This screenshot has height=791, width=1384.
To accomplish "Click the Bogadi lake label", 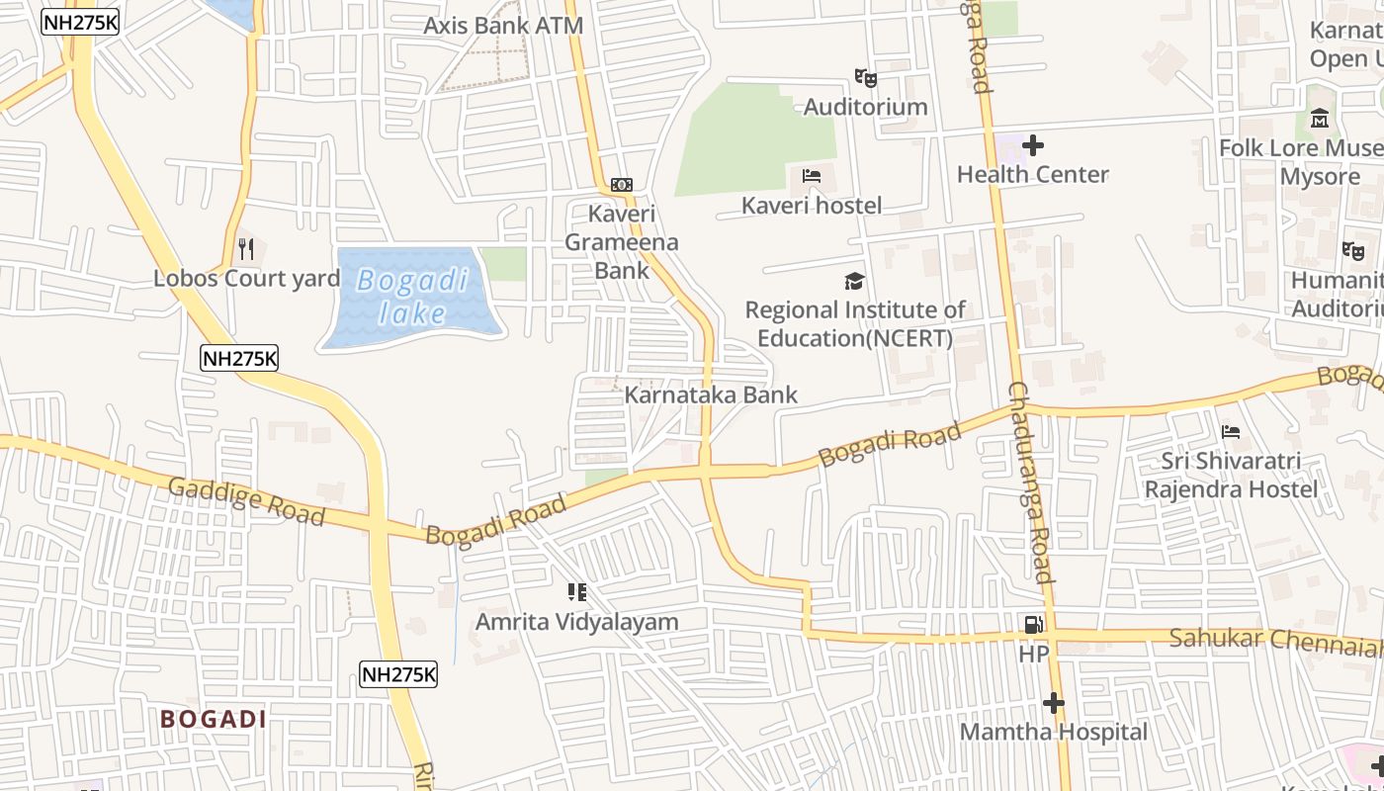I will [412, 297].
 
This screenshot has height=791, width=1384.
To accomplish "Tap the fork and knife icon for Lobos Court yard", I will [246, 248].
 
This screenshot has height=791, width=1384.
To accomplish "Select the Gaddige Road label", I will [246, 501].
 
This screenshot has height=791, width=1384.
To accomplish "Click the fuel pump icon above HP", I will [1033, 624].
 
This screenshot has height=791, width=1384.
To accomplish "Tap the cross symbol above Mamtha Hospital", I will [1054, 703].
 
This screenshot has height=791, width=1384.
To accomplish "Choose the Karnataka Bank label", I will [711, 395].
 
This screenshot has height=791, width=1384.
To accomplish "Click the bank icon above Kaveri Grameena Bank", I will [622, 184].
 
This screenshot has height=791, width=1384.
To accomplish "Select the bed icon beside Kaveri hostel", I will [812, 177].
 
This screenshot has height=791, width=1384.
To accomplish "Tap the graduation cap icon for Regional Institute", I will [855, 282].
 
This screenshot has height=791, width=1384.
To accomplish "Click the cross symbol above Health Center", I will [1033, 145].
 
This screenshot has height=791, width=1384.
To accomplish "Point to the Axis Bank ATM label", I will [503, 26].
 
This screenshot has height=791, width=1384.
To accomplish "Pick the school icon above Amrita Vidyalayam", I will [577, 592].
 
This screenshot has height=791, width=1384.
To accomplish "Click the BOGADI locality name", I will [214, 719].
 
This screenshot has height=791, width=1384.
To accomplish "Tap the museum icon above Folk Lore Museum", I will [1320, 119].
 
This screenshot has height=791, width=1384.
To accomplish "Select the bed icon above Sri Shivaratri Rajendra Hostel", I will [1231, 431].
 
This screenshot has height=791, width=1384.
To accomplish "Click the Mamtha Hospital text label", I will [1054, 733].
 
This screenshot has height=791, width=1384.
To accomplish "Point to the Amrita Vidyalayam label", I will [577, 622].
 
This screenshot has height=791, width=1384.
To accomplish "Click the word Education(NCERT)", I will [855, 338].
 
